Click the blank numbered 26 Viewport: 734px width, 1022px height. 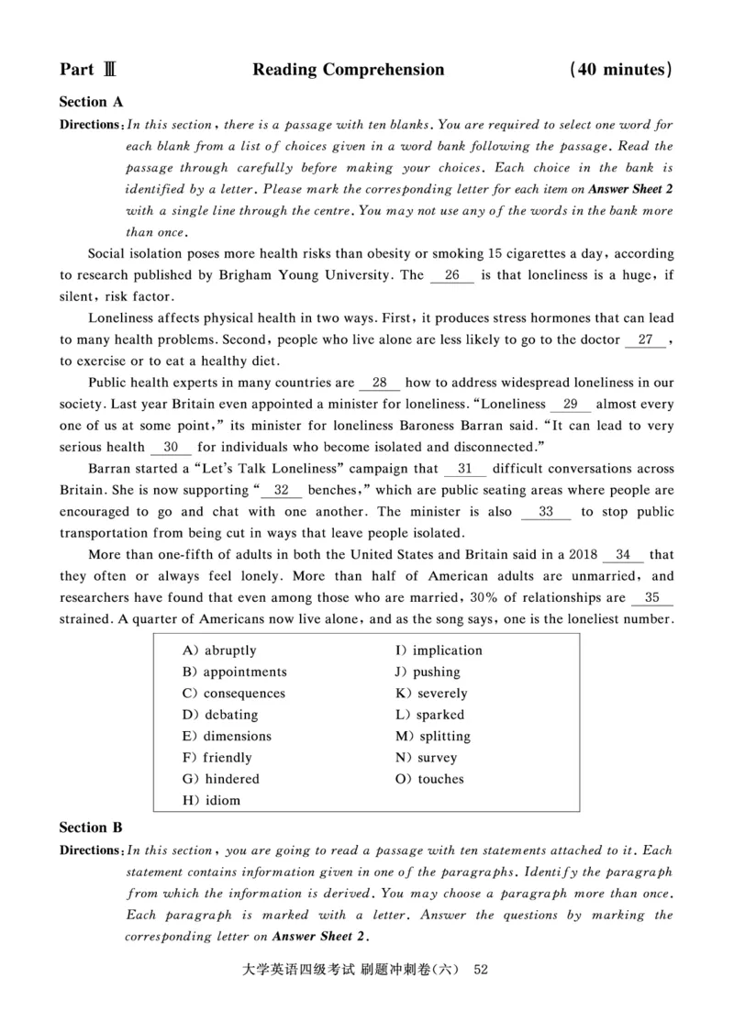[x=451, y=274]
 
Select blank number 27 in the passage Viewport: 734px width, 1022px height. [x=645, y=339]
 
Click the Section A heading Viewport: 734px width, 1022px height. [x=91, y=102]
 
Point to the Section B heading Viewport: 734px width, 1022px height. [x=91, y=828]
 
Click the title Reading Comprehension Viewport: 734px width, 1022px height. [x=348, y=70]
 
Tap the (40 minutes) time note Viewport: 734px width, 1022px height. [x=621, y=70]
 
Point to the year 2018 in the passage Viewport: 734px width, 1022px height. [x=575, y=555]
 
